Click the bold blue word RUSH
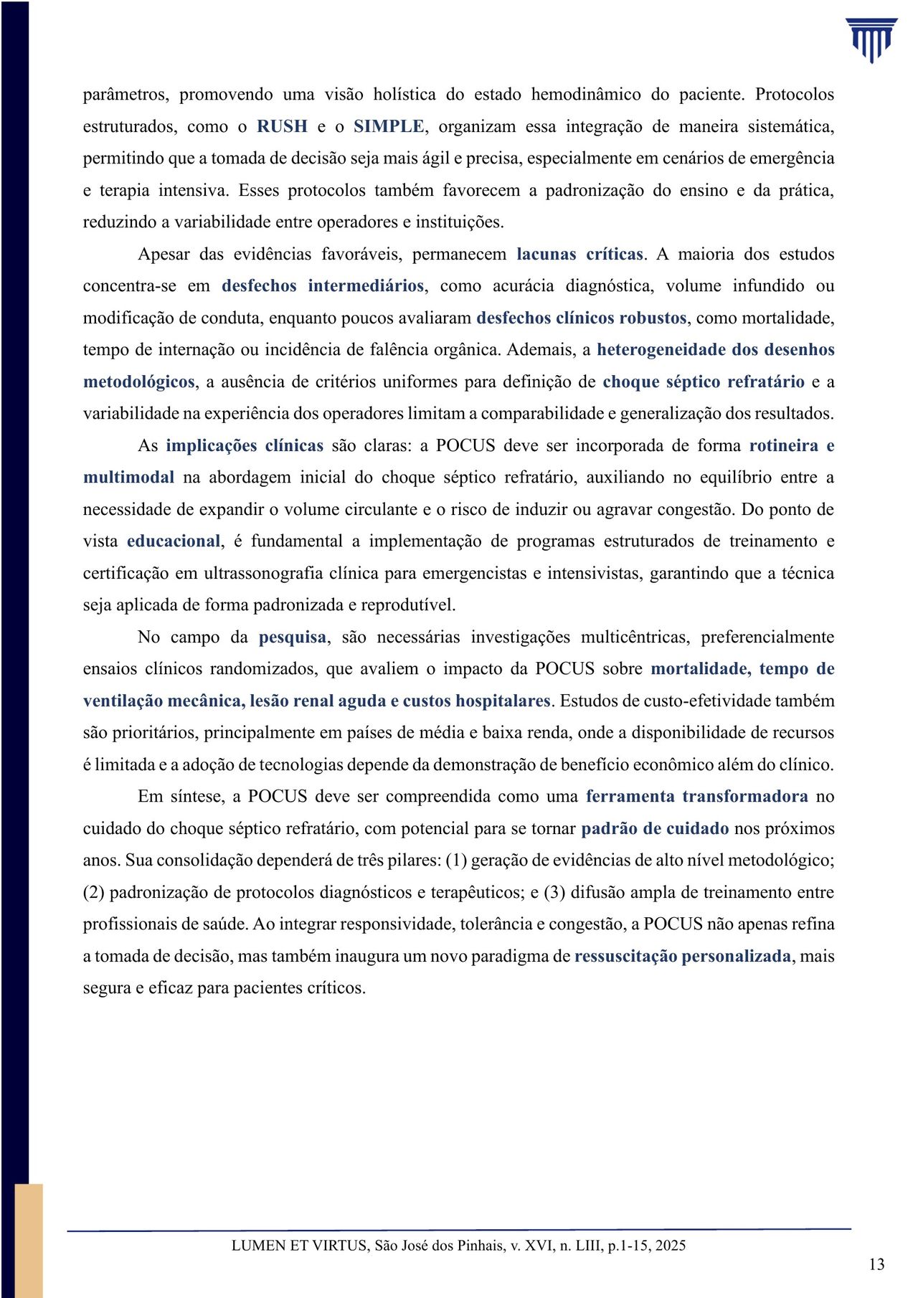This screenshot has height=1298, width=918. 282,127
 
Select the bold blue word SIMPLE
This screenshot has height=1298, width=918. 389,127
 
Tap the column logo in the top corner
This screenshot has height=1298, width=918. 871,40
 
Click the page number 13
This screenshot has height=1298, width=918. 876,1264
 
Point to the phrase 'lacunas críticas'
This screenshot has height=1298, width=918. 579,255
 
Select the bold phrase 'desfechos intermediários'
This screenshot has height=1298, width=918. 323,286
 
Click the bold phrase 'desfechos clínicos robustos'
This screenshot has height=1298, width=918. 582,318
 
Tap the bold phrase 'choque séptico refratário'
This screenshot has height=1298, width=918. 704,382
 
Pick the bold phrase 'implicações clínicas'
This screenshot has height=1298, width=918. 245,445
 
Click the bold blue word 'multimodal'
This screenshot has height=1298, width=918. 128,478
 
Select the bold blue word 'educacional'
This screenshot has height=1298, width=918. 174,541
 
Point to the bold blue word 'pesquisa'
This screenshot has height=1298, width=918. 293,637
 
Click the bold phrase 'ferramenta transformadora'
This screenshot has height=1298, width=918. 696,796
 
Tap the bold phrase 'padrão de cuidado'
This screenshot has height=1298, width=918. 655,828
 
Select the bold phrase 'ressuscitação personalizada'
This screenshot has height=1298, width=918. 682,956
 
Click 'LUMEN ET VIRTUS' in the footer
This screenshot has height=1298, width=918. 299,1245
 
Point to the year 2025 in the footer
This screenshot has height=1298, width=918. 670,1245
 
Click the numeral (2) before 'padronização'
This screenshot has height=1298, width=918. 94,892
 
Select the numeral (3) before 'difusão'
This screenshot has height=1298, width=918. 555,892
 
